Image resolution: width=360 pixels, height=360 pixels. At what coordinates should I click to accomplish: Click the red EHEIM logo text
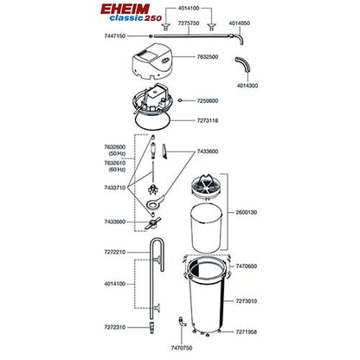coord(125,9)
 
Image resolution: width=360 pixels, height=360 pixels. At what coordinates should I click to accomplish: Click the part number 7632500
coord(208,57)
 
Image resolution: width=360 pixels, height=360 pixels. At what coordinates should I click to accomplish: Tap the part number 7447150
coord(115,36)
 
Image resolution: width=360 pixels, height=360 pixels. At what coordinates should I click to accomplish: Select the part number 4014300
coord(247,86)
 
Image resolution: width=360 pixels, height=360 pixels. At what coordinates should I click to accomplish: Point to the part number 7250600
coord(208,100)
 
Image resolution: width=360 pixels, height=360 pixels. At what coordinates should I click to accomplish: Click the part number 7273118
coord(208,120)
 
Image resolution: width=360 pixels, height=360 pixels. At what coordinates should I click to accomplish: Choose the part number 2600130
coord(247,212)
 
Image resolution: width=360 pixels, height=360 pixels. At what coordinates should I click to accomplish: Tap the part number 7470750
coord(182,348)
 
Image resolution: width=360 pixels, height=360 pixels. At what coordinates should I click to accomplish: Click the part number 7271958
coord(247,331)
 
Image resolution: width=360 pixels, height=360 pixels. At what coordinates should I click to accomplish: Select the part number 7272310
coord(115,327)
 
